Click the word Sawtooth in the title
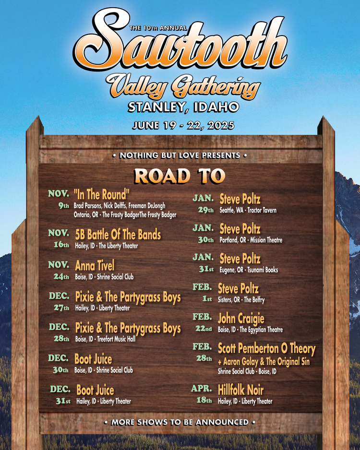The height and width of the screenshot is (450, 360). coord(180,46)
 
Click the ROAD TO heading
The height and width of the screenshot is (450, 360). coord(180,176)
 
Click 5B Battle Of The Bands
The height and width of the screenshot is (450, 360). coord(118,235)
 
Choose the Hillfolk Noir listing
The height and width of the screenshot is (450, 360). coord(240,390)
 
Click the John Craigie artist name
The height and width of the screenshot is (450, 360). coord(241,318)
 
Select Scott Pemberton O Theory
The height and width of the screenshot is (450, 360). coord(266,348)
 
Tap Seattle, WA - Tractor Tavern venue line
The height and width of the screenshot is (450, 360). coord(248,210)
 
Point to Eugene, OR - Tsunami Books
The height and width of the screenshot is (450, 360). coord(249,270)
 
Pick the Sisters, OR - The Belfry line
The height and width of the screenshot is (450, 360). coord(241,299)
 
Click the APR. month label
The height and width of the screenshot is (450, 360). coord(202,389)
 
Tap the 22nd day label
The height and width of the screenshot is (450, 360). coord(204,329)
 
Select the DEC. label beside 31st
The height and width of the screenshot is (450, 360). coord(60,390)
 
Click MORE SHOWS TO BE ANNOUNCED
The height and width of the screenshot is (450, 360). coord(180,423)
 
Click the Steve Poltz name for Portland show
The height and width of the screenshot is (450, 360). coord(240,228)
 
